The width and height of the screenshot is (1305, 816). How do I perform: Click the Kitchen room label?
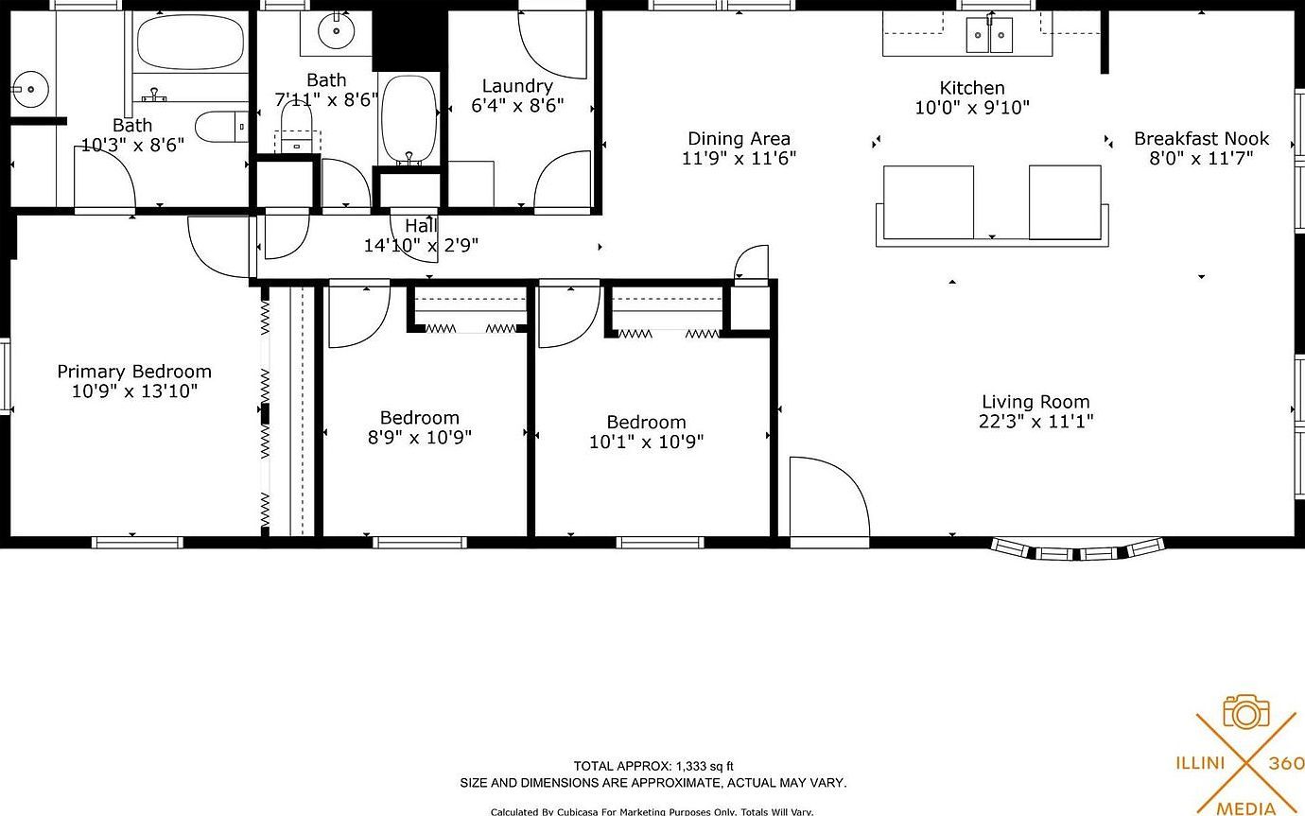(971, 88)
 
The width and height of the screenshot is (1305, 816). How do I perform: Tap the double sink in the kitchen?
(989, 36)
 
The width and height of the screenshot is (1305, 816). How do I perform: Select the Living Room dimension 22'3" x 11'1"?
(1035, 422)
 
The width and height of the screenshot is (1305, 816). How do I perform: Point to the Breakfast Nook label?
(1201, 139)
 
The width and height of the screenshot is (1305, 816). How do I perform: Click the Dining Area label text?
(739, 139)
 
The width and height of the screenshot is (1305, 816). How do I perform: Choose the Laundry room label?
(517, 86)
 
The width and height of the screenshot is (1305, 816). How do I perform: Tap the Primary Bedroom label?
(134, 372)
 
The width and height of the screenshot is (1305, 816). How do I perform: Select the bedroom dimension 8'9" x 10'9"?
(420, 437)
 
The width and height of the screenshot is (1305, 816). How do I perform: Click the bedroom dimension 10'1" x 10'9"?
(646, 442)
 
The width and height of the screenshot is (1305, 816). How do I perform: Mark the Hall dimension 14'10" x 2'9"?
(421, 246)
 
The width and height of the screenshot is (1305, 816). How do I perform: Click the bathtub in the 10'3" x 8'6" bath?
(189, 42)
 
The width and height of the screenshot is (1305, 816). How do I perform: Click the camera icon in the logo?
(1245, 712)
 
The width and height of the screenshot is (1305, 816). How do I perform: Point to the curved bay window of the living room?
(1076, 550)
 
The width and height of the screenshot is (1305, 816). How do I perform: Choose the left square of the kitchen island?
(928, 202)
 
